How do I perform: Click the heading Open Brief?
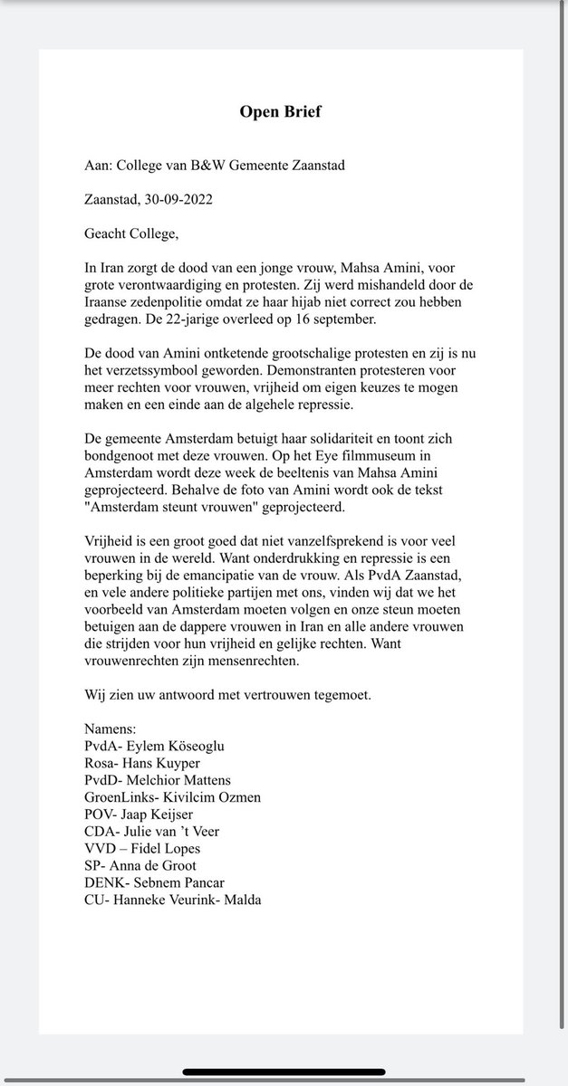point(280,112)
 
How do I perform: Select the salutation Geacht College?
point(131,234)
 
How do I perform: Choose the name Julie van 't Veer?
point(179,831)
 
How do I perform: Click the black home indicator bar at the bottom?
point(284,1072)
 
